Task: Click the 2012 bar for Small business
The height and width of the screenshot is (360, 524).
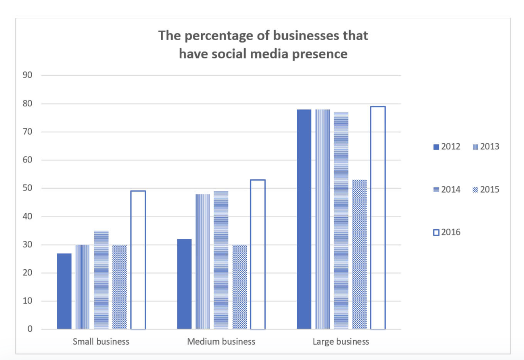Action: coord(64,291)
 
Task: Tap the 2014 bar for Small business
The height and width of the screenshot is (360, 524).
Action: coord(101,280)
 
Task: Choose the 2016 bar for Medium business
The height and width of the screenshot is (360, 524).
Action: coord(258,254)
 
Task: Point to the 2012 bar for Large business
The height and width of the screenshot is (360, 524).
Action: coord(304,219)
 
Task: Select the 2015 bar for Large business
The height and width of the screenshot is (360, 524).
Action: coord(359,254)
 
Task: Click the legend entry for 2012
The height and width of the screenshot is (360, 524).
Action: coord(447,147)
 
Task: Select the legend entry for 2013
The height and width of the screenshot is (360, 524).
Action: coord(486,147)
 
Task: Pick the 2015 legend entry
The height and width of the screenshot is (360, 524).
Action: coord(486,190)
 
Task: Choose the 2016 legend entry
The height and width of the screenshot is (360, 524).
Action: coord(447,232)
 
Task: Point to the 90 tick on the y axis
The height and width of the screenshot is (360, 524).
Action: coord(27,75)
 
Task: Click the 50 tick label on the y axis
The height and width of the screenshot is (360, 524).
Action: coord(27,188)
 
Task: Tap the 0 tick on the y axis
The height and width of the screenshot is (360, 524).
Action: coord(30,329)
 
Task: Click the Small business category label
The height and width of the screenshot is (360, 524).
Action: coord(101,341)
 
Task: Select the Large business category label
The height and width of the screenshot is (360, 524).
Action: coord(341,341)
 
